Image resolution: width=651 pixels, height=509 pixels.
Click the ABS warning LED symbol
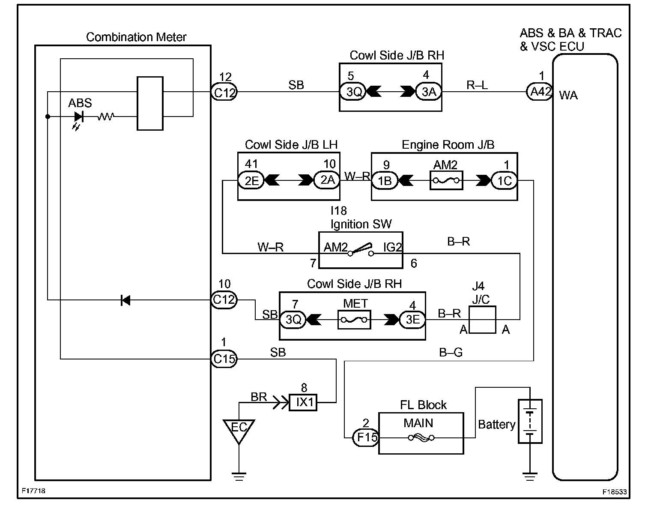[78, 116]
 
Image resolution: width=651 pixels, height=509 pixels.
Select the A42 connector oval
[539, 92]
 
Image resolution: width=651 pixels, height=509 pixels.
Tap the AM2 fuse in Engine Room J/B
[446, 181]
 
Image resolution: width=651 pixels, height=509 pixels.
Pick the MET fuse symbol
[354, 320]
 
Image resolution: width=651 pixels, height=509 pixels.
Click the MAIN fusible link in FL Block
[421, 437]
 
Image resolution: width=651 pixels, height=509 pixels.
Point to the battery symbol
[530, 421]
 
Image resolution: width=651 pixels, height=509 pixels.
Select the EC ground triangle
[239, 430]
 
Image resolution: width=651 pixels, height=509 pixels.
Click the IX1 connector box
[303, 402]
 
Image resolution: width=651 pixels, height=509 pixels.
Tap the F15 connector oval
[366, 437]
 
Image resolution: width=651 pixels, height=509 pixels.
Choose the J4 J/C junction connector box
[483, 320]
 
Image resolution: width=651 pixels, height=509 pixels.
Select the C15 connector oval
[224, 359]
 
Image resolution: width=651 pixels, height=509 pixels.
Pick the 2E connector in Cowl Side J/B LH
[251, 181]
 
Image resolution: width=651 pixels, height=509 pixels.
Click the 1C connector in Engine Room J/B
[504, 181]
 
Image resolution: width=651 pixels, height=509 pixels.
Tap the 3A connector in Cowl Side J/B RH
[429, 92]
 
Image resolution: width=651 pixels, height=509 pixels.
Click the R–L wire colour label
[477, 85]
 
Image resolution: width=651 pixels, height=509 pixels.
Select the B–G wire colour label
[451, 353]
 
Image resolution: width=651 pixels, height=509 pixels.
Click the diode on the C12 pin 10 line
[125, 300]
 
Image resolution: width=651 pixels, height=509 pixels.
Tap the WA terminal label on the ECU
[568, 95]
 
